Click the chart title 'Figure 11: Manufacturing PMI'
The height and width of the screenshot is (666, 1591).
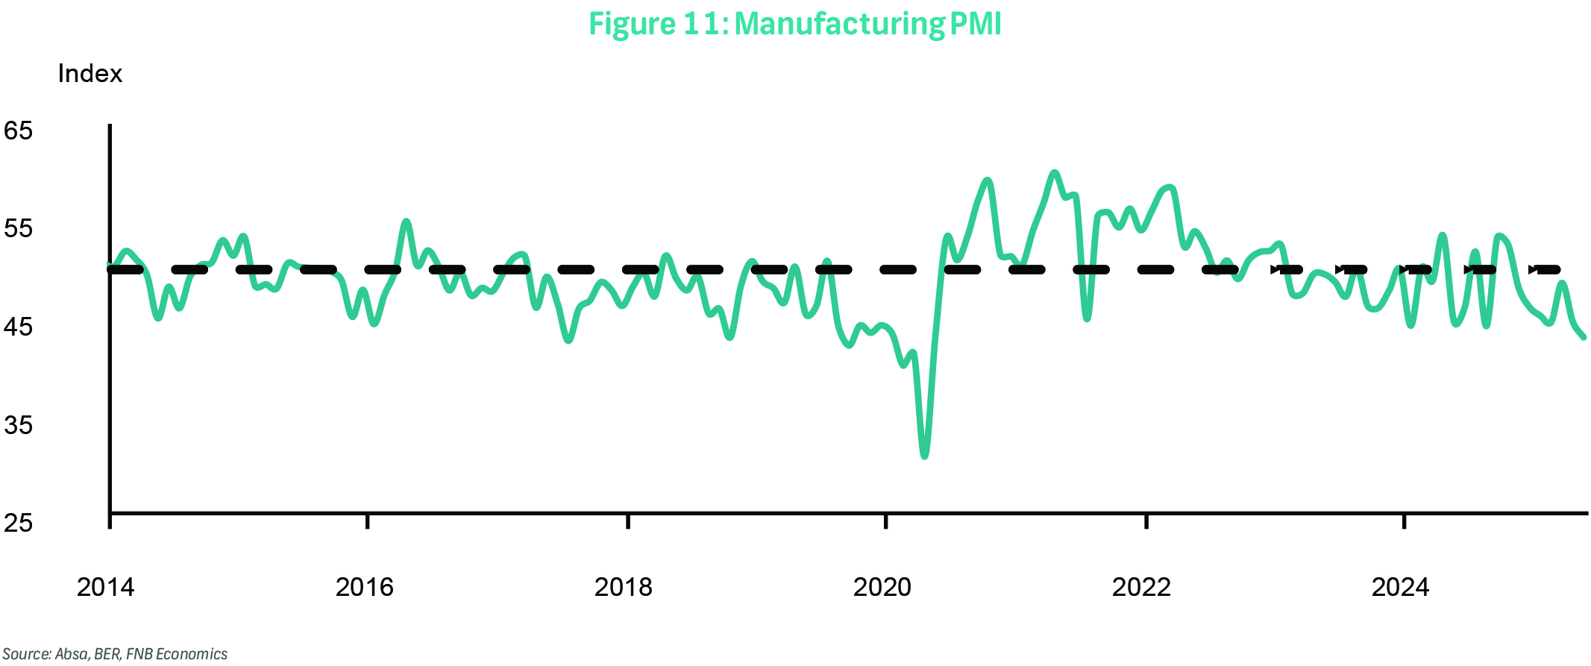[794, 24]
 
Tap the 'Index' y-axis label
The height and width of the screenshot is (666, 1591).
[90, 74]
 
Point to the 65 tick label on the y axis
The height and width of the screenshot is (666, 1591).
[19, 131]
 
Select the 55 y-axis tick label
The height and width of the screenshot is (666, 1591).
[19, 229]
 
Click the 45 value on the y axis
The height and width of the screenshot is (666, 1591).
[19, 327]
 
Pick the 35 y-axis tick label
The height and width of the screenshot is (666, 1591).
[19, 425]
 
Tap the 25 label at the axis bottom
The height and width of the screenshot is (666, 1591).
[19, 523]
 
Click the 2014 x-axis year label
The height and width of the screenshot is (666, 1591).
[105, 588]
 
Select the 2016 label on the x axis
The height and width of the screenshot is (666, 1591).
[364, 588]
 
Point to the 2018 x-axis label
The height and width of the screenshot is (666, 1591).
[623, 588]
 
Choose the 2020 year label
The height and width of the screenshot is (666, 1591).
[882, 588]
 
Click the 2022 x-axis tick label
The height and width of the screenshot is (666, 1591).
[1141, 588]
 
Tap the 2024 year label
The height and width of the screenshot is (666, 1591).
[1400, 588]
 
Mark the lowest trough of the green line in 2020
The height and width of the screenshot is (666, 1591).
[925, 455]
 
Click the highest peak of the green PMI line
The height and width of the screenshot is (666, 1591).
[1054, 173]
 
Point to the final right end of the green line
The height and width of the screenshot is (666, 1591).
[1584, 337]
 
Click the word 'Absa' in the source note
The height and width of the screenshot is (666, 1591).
[72, 654]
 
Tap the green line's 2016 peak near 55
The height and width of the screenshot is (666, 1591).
[407, 222]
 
